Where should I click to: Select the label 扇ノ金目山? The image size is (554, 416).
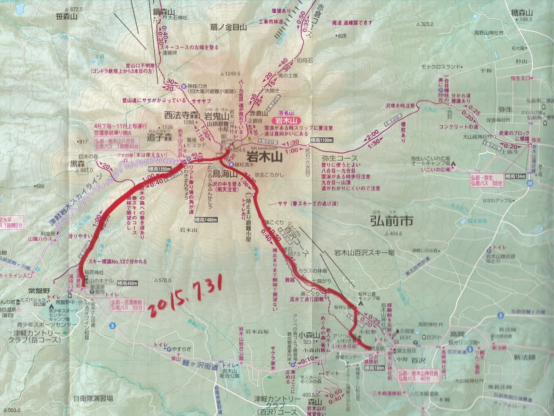pyautogui.click(x=229, y=27)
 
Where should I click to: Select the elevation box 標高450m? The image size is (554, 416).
pyautogui.click(x=127, y=283)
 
